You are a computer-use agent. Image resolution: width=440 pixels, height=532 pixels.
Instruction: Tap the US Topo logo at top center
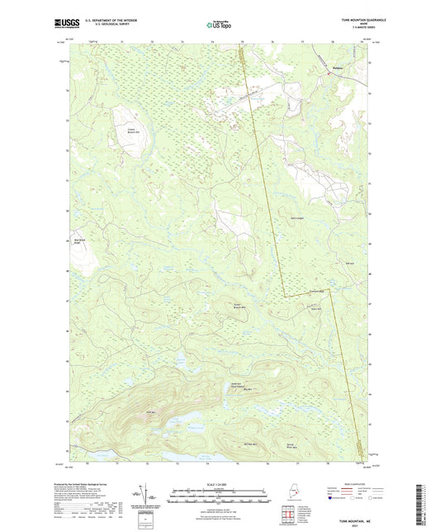(219, 26)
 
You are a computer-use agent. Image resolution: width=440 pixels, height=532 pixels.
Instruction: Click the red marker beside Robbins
(329, 74)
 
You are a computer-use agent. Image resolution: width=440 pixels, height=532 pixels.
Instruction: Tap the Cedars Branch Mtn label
(130, 130)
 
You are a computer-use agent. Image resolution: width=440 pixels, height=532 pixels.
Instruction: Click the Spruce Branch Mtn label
(239, 305)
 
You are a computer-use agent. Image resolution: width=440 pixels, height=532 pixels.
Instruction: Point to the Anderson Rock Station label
(235, 386)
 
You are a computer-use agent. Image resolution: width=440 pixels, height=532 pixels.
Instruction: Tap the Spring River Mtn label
(314, 445)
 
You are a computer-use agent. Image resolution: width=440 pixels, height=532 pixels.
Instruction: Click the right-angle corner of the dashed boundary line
(286, 296)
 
